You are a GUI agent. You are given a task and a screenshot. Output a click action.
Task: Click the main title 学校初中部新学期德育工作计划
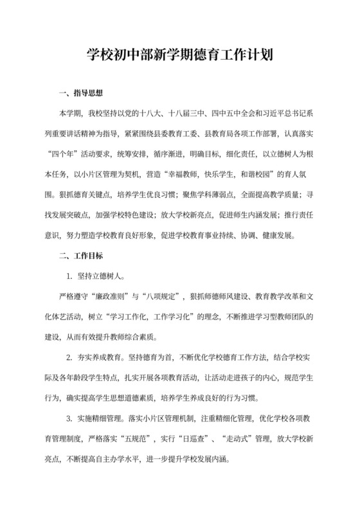click(180, 55)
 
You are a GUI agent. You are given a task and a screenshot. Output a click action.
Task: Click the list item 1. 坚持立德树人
click(96, 278)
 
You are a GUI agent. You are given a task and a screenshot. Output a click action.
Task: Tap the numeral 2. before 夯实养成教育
click(69, 357)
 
